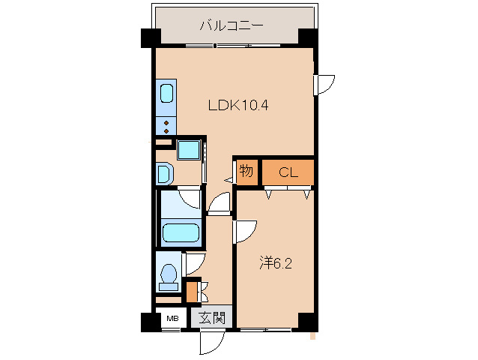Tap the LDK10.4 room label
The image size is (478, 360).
pyautogui.click(x=238, y=106)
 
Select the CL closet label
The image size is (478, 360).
pyautogui.click(x=288, y=172)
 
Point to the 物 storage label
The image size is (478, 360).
pyautogui.click(x=246, y=172)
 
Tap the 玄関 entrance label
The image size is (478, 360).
pyautogui.click(x=212, y=318)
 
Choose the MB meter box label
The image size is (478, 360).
pyautogui.click(x=172, y=318)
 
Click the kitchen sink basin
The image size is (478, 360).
pyautogui.click(x=166, y=95)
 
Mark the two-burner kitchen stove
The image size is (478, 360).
pyautogui.click(x=166, y=124)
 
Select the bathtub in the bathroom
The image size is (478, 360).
pyautogui.click(x=181, y=232)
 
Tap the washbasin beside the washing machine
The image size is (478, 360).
pyautogui.click(x=164, y=173)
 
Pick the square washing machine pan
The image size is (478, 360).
pyautogui.click(x=188, y=148)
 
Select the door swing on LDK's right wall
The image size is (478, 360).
pyautogui.click(x=324, y=84)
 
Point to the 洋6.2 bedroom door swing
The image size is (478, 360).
pyautogui.click(x=246, y=232)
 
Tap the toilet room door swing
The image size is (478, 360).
pyautogui.click(x=194, y=263)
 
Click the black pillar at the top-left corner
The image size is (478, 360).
pyautogui.click(x=150, y=37)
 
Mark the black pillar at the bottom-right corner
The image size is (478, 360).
pyautogui.click(x=307, y=321)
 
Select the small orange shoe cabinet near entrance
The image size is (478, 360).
pyautogui.click(x=192, y=289)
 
